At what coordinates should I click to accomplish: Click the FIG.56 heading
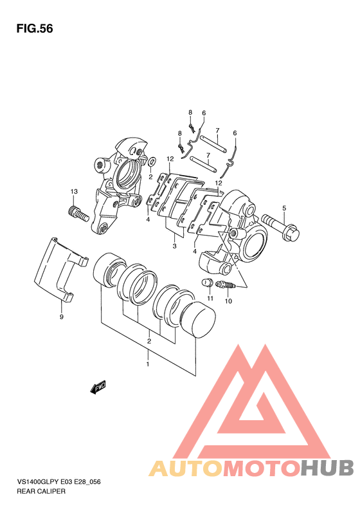pos(35,28)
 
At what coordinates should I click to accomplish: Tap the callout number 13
pos(75,192)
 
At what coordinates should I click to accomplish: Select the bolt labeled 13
pos(78,214)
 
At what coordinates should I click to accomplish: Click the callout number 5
pos(284,208)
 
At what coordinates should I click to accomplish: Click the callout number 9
pos(62,317)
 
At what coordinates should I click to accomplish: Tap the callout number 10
pos(228,301)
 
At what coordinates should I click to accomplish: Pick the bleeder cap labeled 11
pos(207,283)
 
